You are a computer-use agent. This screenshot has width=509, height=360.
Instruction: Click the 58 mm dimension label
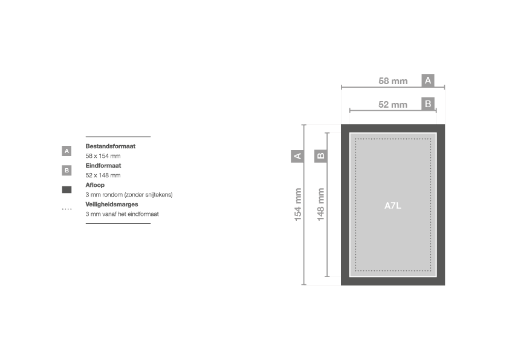pyautogui.click(x=393, y=81)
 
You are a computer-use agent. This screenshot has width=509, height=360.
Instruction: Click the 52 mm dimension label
pyautogui.click(x=393, y=105)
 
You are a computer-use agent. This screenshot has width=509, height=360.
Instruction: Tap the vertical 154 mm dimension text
pyautogui.click(x=297, y=205)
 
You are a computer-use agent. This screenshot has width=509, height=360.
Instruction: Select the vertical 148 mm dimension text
pyautogui.click(x=320, y=205)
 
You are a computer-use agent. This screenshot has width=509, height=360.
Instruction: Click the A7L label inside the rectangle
pyautogui.click(x=393, y=206)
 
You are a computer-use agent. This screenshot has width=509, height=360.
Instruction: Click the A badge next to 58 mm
pyautogui.click(x=428, y=80)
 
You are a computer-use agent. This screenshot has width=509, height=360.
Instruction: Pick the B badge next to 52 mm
pyautogui.click(x=428, y=104)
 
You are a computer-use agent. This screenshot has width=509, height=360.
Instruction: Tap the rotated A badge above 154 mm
pyautogui.click(x=297, y=156)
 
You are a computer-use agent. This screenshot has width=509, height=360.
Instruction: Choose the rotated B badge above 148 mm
pyautogui.click(x=320, y=156)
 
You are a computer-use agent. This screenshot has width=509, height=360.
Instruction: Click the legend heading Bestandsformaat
pyautogui.click(x=111, y=146)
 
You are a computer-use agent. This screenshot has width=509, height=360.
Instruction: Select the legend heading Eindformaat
pyautogui.click(x=103, y=166)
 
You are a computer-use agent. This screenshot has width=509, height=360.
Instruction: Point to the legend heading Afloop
pyautogui.click(x=95, y=185)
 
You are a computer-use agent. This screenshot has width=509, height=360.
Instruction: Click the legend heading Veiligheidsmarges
pyautogui.click(x=112, y=205)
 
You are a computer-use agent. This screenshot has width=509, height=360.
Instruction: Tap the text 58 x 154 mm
pyautogui.click(x=103, y=156)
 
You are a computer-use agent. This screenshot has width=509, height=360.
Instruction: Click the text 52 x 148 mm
pyautogui.click(x=103, y=175)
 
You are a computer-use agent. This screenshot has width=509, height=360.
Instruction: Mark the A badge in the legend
pyautogui.click(x=66, y=151)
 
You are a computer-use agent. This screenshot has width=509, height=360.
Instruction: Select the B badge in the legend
pyautogui.click(x=66, y=170)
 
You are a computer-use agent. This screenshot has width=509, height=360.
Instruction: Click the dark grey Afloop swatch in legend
pyautogui.click(x=66, y=190)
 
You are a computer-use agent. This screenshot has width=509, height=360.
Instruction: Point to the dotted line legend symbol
pyautogui.click(x=66, y=209)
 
